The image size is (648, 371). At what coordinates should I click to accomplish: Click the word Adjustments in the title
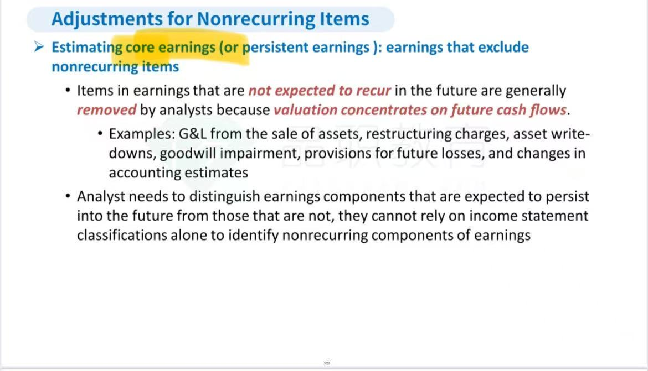click(107, 19)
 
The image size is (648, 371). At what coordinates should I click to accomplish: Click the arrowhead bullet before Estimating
click(39, 46)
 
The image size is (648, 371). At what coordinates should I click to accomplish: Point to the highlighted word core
click(140, 48)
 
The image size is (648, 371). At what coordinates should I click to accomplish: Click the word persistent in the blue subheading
click(275, 48)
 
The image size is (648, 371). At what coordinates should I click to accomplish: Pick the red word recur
click(374, 91)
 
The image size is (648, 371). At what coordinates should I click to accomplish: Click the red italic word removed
click(107, 110)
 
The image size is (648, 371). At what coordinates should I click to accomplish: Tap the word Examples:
click(142, 134)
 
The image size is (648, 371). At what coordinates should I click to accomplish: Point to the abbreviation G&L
click(193, 134)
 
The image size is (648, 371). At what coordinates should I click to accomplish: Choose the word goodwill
click(188, 154)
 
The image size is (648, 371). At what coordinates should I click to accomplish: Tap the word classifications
click(122, 235)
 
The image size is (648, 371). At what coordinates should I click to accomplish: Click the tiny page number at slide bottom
click(327, 363)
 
